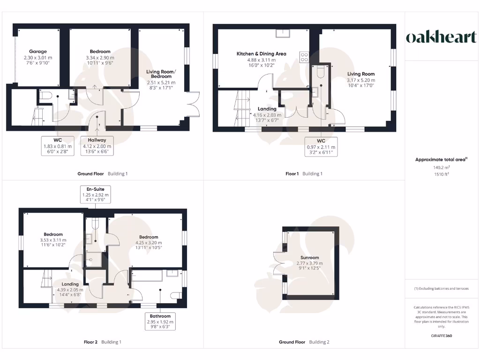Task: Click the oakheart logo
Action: click(441, 37)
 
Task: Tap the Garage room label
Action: click(38, 52)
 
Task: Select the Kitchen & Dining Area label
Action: click(261, 54)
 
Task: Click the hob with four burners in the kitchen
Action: click(304, 56)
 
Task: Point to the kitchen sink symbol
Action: click(283, 33)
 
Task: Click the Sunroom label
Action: click(310, 258)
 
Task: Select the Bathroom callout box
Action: click(161, 322)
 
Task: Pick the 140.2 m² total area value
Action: click(441, 167)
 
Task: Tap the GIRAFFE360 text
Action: click(441, 336)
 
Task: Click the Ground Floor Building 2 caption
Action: click(304, 342)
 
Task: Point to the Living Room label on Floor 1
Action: click(361, 74)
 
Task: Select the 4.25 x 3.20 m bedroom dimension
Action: click(147, 242)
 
